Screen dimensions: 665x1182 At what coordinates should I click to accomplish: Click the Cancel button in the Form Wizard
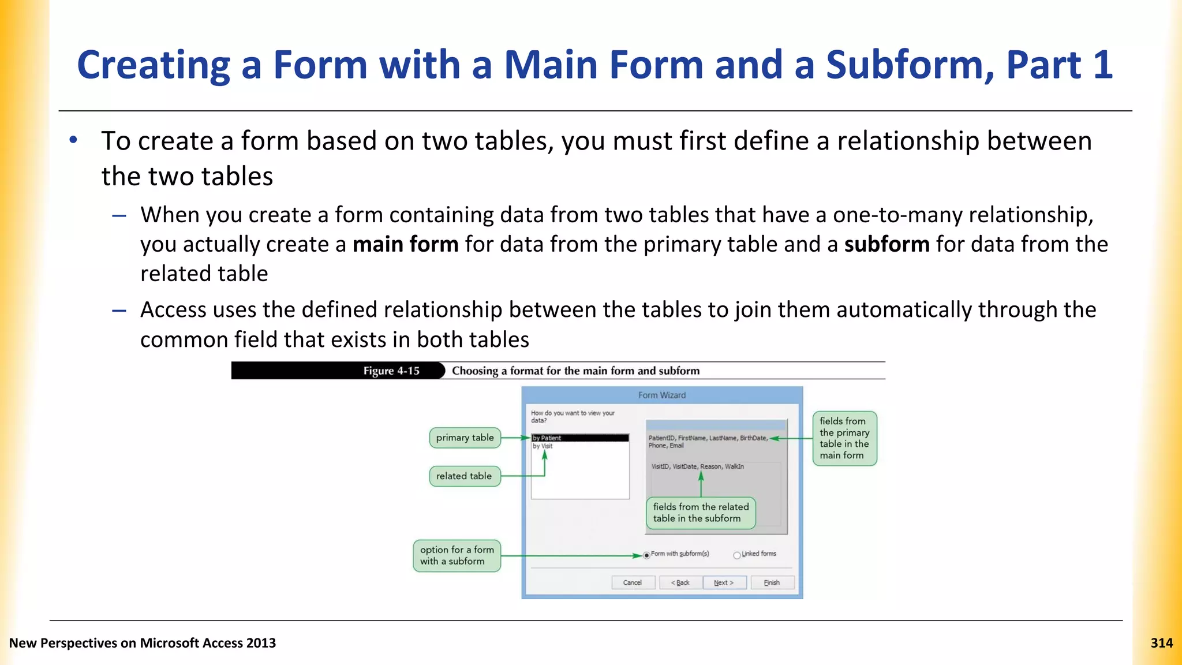[633, 582]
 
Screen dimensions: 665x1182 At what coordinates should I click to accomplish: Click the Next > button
[724, 582]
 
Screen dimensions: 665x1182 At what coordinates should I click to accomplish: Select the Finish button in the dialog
[772, 582]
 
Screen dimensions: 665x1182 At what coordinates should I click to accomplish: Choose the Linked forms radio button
[737, 555]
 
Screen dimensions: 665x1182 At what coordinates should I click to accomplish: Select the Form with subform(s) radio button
[647, 555]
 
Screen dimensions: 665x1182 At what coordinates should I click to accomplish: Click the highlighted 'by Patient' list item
[579, 438]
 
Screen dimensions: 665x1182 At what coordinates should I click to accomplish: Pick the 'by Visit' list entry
[543, 446]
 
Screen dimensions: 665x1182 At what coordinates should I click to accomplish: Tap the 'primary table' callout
[465, 438]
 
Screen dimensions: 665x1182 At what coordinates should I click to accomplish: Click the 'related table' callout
[464, 476]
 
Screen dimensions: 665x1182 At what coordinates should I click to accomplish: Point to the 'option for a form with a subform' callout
[457, 555]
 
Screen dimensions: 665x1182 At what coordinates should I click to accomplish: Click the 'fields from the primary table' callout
[844, 438]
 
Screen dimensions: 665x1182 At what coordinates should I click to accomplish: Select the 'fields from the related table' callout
[701, 513]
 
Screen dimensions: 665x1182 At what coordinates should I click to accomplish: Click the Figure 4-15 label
[391, 371]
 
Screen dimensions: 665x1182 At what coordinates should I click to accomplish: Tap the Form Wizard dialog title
[662, 395]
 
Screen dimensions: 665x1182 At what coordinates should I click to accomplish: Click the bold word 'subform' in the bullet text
[886, 244]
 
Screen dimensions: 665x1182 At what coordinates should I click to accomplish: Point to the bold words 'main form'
[405, 244]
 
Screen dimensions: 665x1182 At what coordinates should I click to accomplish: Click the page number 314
[1161, 643]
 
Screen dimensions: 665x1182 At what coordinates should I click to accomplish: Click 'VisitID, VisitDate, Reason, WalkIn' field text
[697, 466]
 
